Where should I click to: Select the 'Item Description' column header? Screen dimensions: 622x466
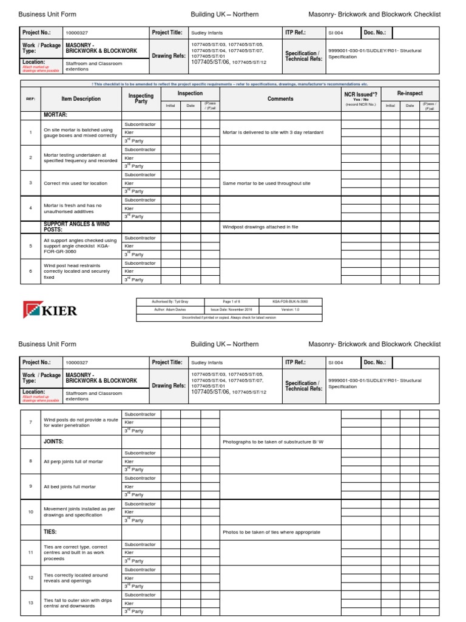point(81,99)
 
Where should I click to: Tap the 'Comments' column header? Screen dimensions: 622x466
point(280,99)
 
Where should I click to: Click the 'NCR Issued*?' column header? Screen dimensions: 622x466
point(362,95)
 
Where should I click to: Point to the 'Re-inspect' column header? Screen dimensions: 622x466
point(410,94)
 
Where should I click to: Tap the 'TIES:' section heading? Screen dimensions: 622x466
point(51,531)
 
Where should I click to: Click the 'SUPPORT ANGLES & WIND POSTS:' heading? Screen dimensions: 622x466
point(76,227)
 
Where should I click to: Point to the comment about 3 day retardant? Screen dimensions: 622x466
point(273,132)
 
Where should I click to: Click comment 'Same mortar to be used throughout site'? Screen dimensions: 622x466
point(266,183)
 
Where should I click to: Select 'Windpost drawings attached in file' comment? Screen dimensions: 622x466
point(262,227)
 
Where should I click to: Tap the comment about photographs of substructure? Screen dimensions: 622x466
point(273,442)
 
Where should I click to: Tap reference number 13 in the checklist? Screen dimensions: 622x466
point(30,603)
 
